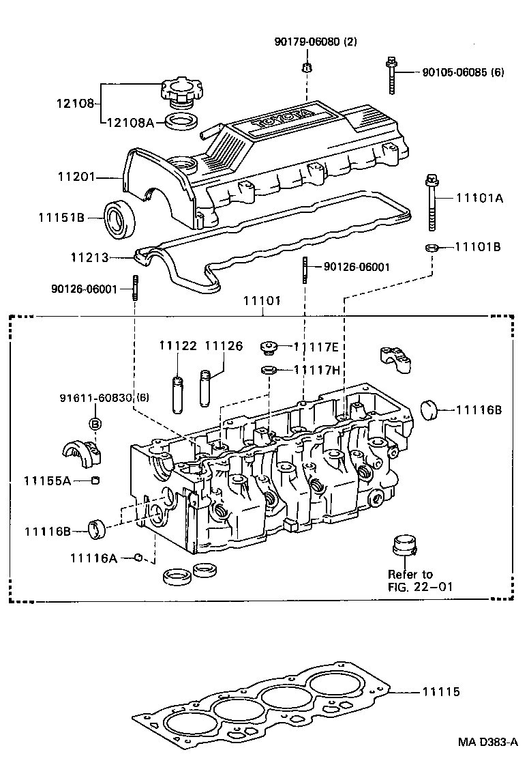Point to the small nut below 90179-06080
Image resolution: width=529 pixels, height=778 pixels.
(x=306, y=67)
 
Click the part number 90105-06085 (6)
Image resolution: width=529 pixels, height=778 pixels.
(x=462, y=72)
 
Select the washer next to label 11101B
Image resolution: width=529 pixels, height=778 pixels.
(x=432, y=246)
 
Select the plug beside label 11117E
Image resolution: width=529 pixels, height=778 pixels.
(x=269, y=348)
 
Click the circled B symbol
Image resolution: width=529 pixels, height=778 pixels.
(x=95, y=424)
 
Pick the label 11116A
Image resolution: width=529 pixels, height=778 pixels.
(x=93, y=558)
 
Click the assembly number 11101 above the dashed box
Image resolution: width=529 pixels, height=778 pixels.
(x=263, y=301)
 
